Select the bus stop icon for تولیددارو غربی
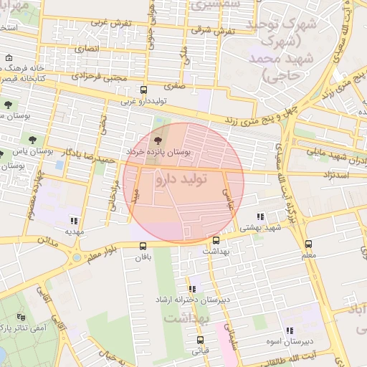coord(145,90)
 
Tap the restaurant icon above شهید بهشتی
coord(260,216)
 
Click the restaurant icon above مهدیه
coord(74,221)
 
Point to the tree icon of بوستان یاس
coord(32,137)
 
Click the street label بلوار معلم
coord(103,251)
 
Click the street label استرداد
coord(331,174)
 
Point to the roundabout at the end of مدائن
coord(76,257)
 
